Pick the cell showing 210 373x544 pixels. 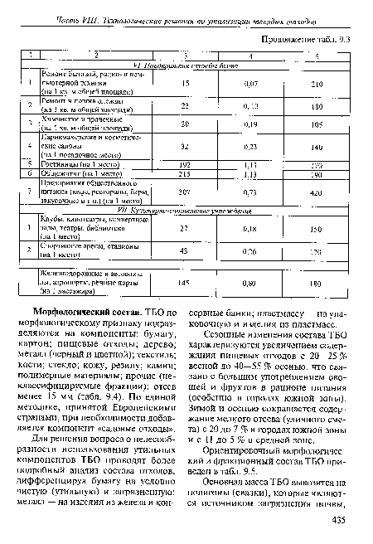(x=316, y=84)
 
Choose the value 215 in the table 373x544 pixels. (x=185, y=175)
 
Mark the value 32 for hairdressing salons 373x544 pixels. (x=185, y=147)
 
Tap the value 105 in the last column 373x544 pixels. (x=316, y=124)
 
